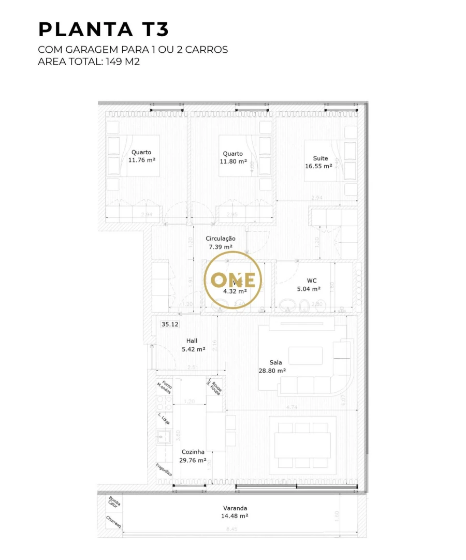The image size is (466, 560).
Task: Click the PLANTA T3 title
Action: (x=104, y=30)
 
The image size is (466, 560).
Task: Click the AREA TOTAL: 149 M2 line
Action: (x=89, y=62)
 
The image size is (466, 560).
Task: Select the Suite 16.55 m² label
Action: (x=318, y=163)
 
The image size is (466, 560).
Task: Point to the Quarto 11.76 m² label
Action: (x=142, y=156)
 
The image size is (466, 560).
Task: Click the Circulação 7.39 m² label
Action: (x=221, y=242)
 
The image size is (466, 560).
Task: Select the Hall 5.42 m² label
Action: (x=193, y=345)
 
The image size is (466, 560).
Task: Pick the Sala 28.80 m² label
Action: (x=272, y=366)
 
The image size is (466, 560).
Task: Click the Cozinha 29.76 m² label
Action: (x=193, y=455)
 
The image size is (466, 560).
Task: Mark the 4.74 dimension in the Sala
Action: (x=292, y=407)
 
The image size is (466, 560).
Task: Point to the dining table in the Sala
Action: (x=302, y=445)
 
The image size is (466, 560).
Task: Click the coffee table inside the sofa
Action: (x=305, y=356)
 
